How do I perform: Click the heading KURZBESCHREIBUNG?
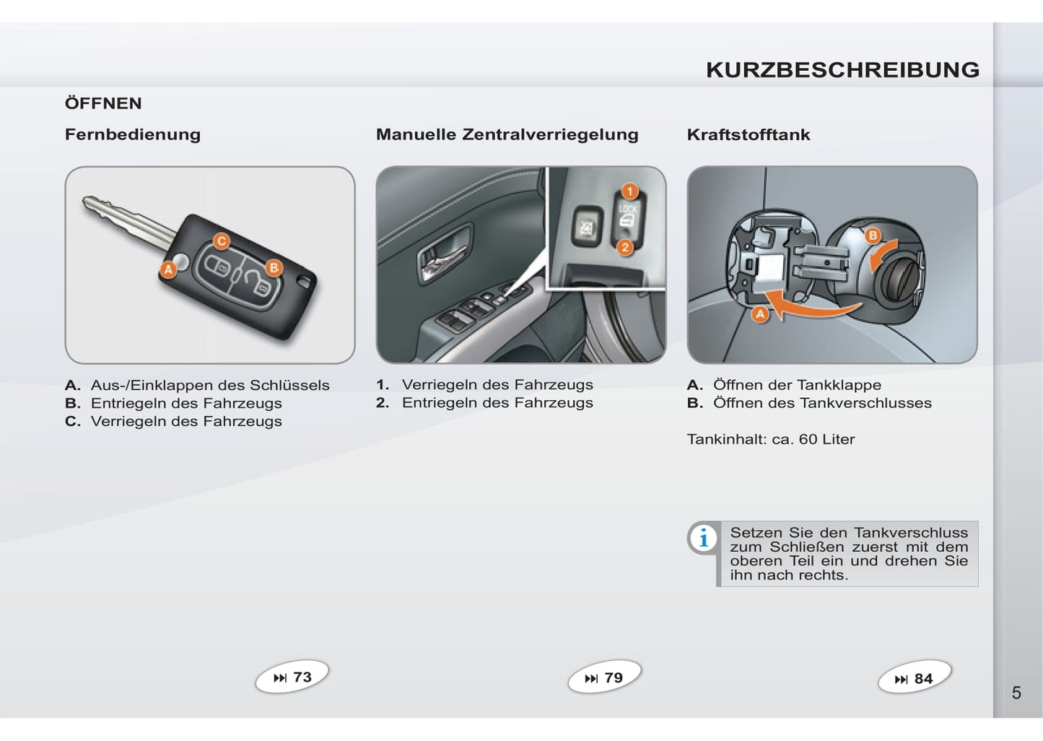[x=842, y=70]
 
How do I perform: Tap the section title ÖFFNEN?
[x=103, y=103]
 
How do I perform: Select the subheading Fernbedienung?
[x=133, y=134]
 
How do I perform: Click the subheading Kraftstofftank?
[x=749, y=134]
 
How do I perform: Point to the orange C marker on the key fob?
[x=222, y=241]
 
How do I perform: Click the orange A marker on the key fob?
[x=169, y=269]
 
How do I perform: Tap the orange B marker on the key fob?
[x=274, y=267]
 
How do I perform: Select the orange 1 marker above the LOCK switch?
[x=630, y=191]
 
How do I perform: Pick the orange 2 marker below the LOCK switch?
[x=625, y=247]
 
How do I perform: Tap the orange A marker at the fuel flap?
[x=760, y=314]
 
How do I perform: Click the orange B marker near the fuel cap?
[x=873, y=235]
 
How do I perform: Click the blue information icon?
[x=704, y=538]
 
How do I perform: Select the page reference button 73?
[x=292, y=677]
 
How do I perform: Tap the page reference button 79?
[x=604, y=677]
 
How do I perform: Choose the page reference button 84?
[x=915, y=677]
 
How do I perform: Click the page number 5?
[x=1016, y=693]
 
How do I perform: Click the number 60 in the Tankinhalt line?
[x=808, y=440]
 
